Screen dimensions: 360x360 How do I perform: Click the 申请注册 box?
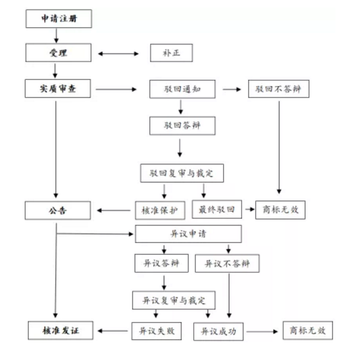[x=59, y=19]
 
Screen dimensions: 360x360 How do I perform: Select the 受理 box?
[x=59, y=53]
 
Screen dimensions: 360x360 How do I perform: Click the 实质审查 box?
[x=59, y=89]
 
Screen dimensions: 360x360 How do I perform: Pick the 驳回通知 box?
[x=182, y=89]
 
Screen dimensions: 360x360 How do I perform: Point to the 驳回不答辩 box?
[x=279, y=89]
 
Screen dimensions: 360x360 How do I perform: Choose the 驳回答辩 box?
[x=182, y=125]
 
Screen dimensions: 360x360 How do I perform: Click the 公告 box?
[x=59, y=210]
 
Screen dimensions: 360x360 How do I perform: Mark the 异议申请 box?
[x=188, y=234]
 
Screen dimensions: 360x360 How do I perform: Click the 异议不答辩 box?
[x=227, y=263]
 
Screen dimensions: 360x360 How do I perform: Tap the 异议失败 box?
[x=157, y=331]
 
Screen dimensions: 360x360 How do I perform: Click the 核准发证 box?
[x=59, y=330]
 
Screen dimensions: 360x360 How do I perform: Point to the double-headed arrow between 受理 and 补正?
[x=119, y=53]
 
